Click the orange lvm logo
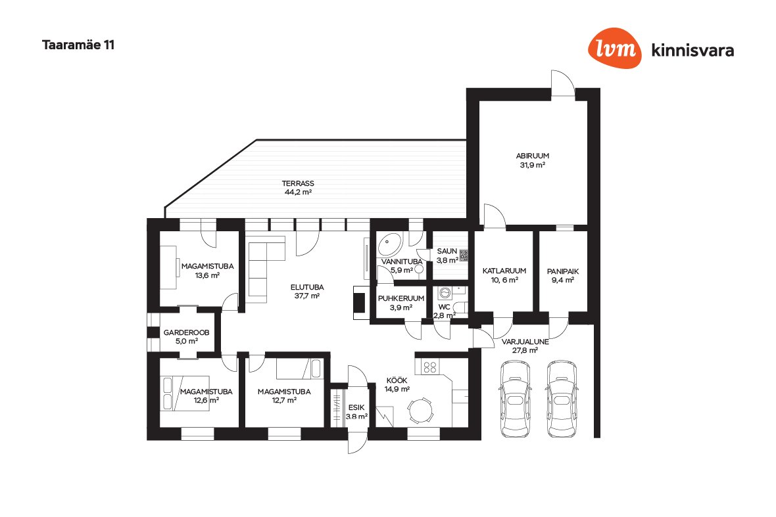point(615,48)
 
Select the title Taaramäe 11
point(78,45)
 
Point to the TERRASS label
point(298,183)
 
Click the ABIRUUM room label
point(533,156)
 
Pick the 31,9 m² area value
point(533,165)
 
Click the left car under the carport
point(515,399)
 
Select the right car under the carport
point(562,399)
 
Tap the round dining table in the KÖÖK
point(420,410)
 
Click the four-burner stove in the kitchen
point(431,367)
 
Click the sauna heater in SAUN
point(464,255)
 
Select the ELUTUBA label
point(307,287)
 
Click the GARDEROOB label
point(187,332)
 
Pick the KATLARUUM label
point(504,271)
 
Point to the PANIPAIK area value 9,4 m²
point(563,281)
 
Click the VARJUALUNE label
point(525,342)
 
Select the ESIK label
point(356,407)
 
